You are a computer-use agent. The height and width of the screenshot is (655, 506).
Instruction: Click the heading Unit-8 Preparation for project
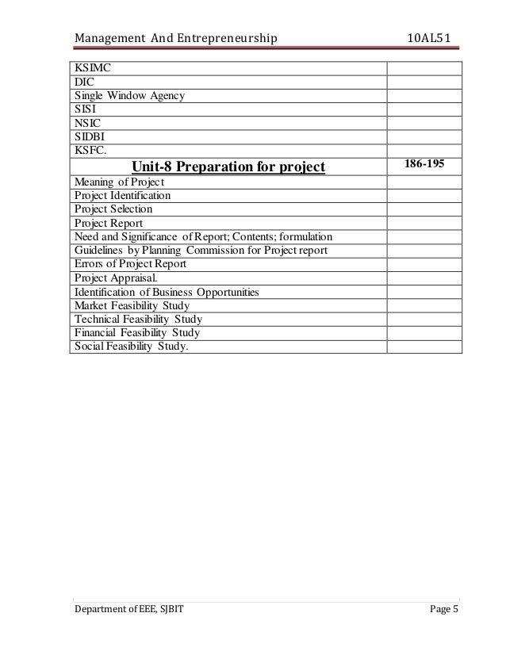[x=229, y=167]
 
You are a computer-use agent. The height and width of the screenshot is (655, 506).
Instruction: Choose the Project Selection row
[x=113, y=209]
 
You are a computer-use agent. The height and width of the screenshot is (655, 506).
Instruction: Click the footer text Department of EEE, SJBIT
[x=131, y=610]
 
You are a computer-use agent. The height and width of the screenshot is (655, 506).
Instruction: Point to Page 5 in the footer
[x=443, y=610]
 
